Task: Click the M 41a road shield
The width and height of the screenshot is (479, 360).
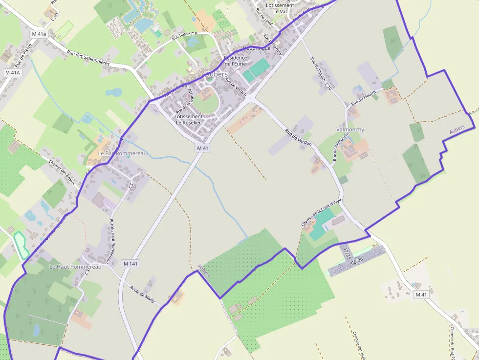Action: (x=39, y=34)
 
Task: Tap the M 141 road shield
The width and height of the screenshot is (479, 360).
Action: (x=131, y=264)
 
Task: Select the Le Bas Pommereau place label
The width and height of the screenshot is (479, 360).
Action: (x=116, y=153)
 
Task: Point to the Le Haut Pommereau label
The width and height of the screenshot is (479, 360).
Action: (x=75, y=267)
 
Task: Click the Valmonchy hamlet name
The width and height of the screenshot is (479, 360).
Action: (x=350, y=129)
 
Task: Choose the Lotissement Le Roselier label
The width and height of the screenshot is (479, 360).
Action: (x=188, y=120)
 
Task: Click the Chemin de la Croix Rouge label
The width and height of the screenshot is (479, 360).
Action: (x=321, y=212)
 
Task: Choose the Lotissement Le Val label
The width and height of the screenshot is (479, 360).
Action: (x=280, y=8)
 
